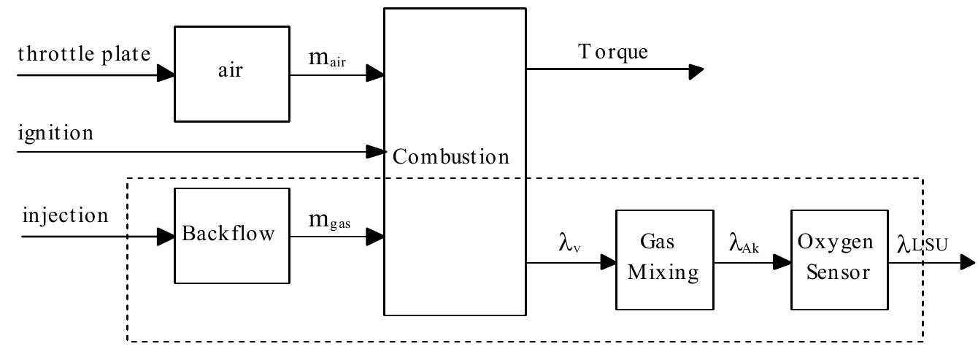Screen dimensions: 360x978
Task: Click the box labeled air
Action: [231, 73]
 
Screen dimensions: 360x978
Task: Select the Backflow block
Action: [231, 235]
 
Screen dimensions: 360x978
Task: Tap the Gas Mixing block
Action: [664, 261]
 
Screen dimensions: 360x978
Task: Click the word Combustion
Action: [450, 156]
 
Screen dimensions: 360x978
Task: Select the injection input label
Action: [65, 216]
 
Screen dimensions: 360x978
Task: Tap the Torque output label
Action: [613, 52]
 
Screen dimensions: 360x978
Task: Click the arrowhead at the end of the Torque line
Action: [696, 71]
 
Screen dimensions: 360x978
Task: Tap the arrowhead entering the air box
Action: [166, 73]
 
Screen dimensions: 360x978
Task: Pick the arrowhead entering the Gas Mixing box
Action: [608, 262]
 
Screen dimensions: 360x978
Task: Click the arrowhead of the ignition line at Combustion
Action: [376, 152]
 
